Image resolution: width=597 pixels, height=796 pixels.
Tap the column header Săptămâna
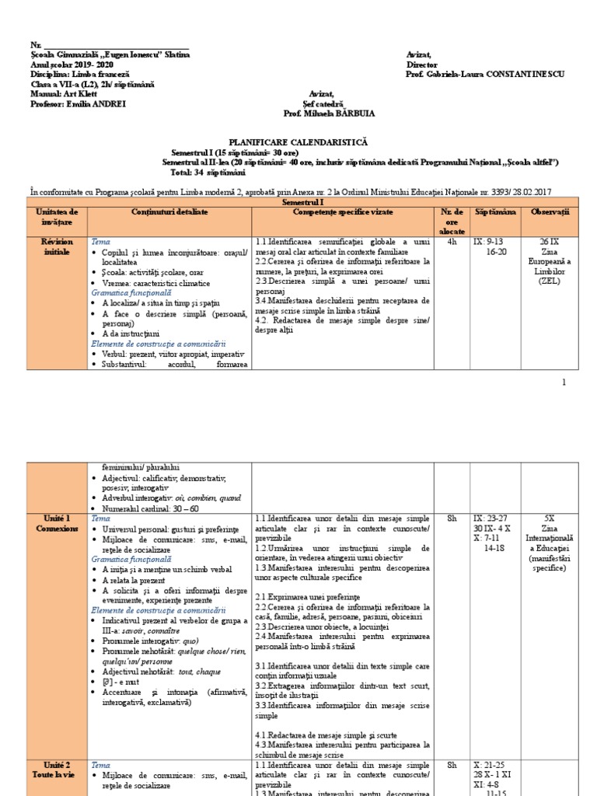[495, 212]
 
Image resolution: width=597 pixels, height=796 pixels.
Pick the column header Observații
[550, 212]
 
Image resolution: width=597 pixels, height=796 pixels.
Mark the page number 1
[564, 382]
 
